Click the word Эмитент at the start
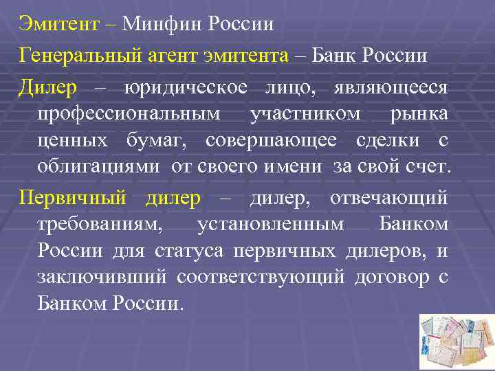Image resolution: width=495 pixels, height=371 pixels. pos(58,25)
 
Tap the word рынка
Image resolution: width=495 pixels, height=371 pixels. pos(419,113)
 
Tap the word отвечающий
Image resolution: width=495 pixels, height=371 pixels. pos(389,199)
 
